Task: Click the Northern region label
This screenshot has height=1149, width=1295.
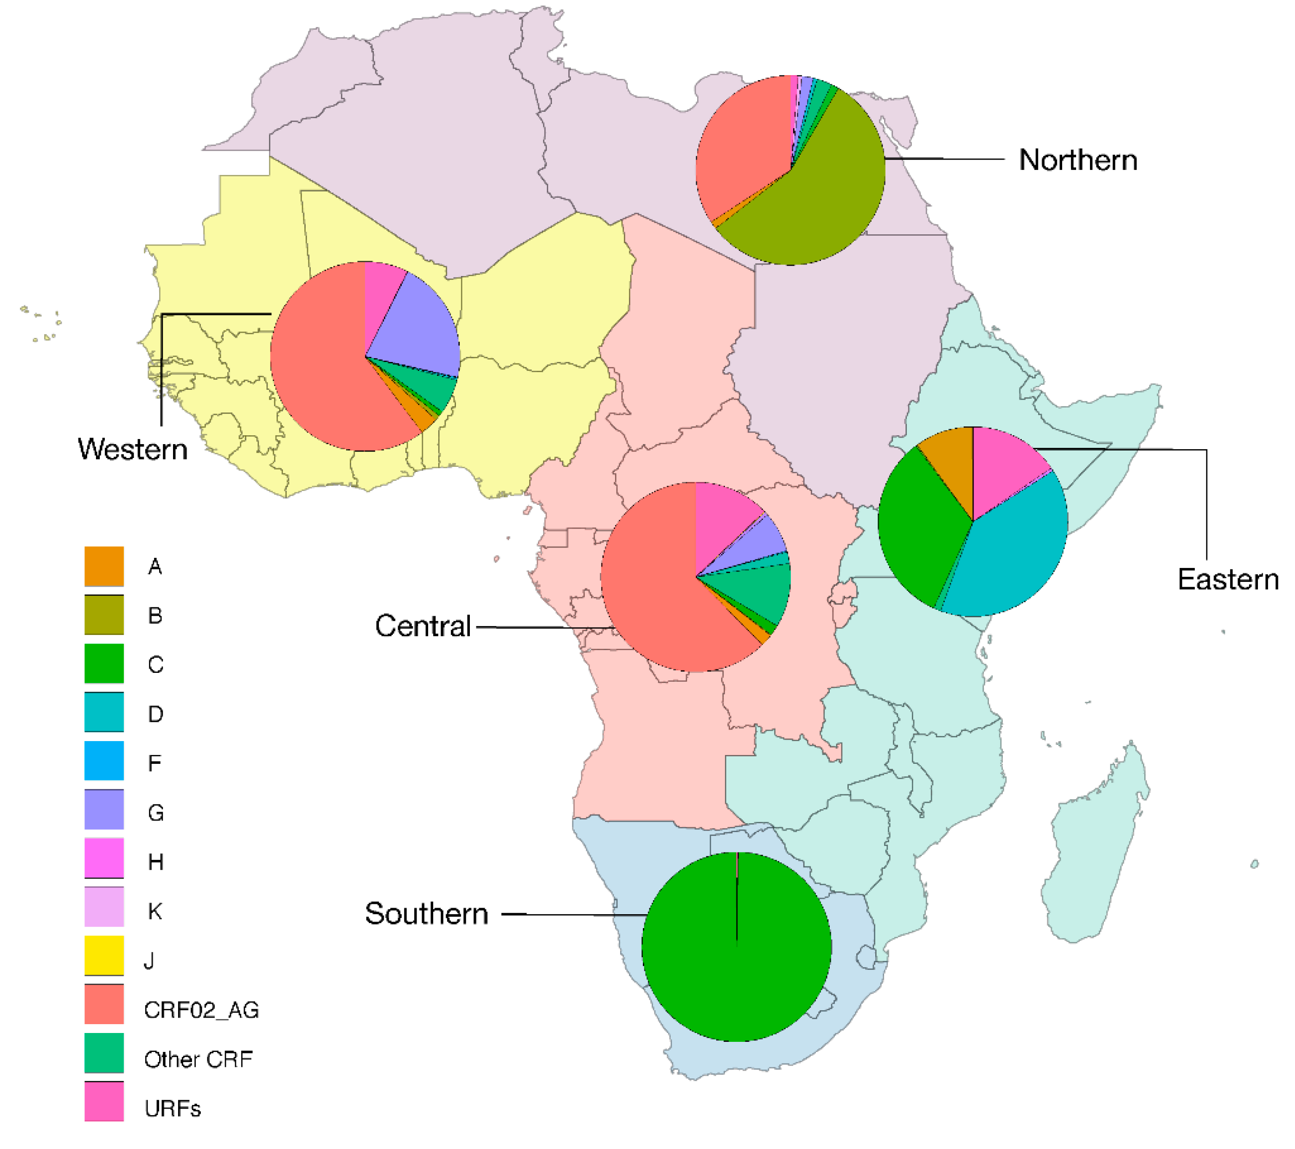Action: point(1077,160)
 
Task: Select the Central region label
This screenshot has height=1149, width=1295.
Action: point(423,626)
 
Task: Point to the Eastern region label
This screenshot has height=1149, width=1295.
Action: point(1227,579)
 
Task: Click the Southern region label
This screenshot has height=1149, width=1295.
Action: point(426,913)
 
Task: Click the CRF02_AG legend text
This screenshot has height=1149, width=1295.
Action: point(201,1010)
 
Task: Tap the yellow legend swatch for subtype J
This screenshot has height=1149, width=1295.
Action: point(104,955)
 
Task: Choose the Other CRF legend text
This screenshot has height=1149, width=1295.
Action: point(199,1059)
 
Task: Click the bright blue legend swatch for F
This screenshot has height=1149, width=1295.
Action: point(104,761)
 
